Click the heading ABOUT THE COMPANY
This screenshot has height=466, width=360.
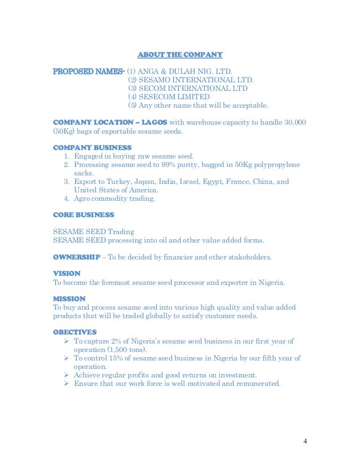[180, 55]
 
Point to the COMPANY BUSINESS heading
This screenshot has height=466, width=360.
[87, 147]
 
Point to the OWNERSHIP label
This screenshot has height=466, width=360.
[76, 257]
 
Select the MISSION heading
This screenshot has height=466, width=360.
[69, 298]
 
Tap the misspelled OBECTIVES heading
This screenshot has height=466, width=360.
[74, 332]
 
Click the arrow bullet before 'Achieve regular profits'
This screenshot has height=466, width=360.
[67, 375]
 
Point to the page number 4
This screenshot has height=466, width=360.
[305, 441]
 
